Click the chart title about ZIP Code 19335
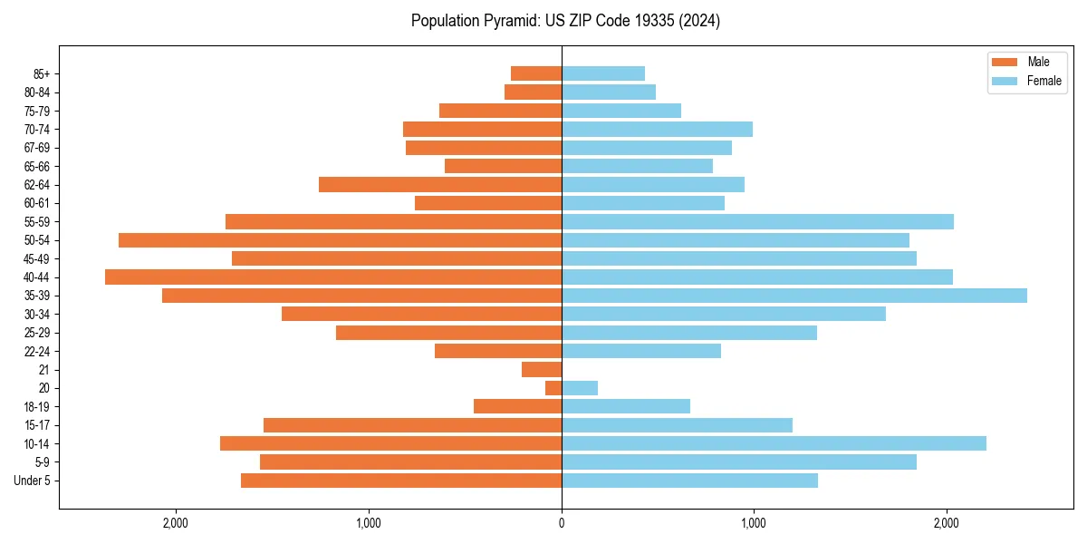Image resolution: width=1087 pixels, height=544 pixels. click(565, 21)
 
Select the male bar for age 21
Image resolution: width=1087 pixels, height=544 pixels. click(542, 370)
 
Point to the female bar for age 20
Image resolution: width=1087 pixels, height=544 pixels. click(580, 388)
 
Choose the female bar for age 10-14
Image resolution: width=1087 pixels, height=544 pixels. click(774, 443)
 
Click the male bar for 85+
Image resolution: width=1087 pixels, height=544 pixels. click(536, 73)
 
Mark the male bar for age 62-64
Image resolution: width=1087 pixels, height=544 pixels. click(440, 185)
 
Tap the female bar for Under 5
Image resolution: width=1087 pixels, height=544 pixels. click(689, 481)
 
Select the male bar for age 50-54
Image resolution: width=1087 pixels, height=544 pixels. click(340, 240)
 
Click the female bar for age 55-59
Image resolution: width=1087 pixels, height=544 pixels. click(757, 222)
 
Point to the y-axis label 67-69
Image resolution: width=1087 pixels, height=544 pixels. click(37, 148)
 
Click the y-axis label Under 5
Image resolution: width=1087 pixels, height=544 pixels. click(33, 481)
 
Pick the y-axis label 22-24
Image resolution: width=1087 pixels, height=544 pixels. click(37, 351)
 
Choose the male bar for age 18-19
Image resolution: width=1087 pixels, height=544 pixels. click(517, 406)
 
